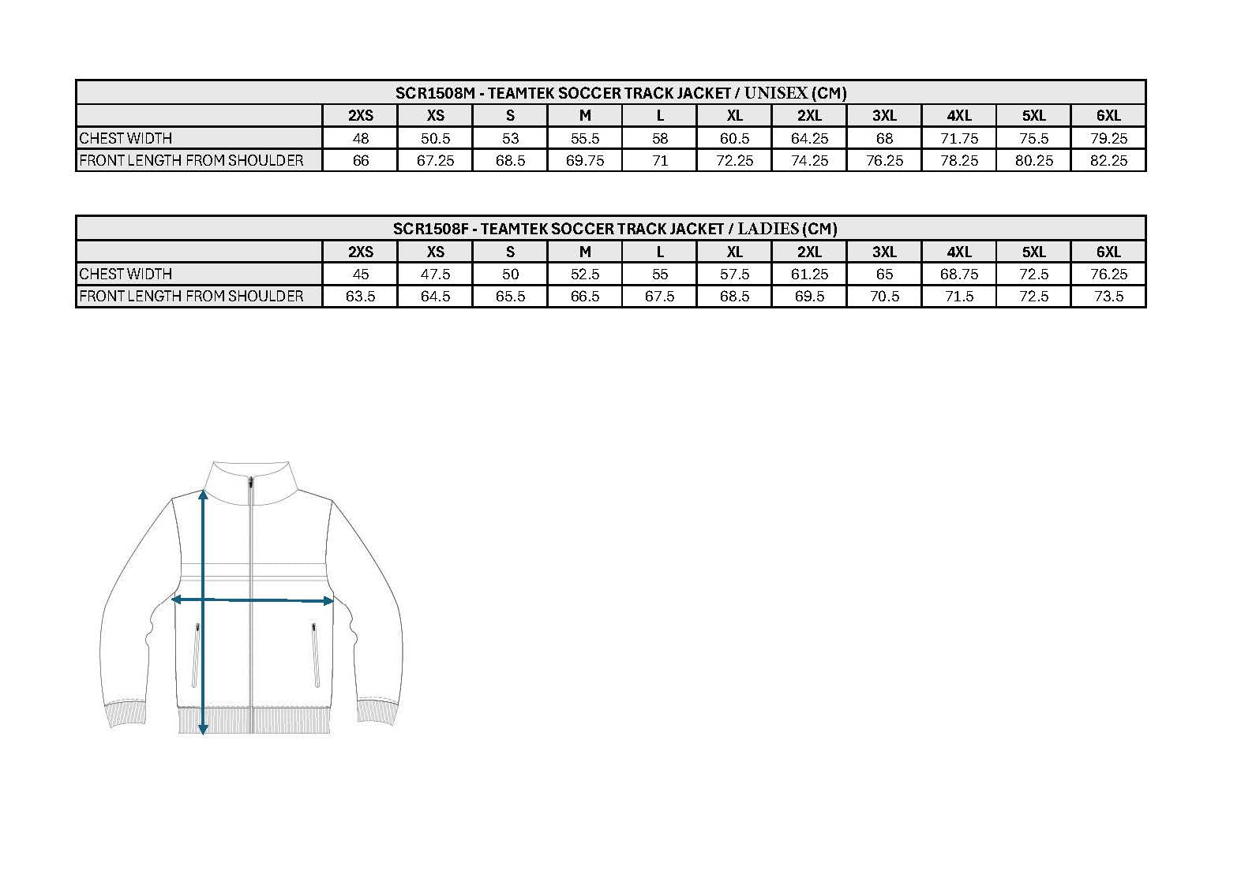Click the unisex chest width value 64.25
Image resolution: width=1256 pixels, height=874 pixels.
pyautogui.click(x=809, y=138)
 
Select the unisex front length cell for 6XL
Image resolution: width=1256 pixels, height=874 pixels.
pyautogui.click(x=1108, y=161)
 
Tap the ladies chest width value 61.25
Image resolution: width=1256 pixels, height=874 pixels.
pyautogui.click(x=809, y=274)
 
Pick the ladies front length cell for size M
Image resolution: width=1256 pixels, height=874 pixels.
pyautogui.click(x=585, y=297)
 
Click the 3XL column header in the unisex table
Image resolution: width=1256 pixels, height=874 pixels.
pyautogui.click(x=884, y=115)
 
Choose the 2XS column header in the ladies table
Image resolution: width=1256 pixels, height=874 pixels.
pyautogui.click(x=361, y=252)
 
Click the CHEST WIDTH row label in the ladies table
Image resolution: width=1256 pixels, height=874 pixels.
pyautogui.click(x=126, y=274)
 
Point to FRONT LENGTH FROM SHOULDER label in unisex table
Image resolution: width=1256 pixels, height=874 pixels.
pyautogui.click(x=191, y=161)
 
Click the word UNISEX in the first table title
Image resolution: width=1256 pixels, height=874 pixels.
pyautogui.click(x=775, y=92)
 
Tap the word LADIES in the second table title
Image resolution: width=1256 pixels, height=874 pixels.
pyautogui.click(x=768, y=229)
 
